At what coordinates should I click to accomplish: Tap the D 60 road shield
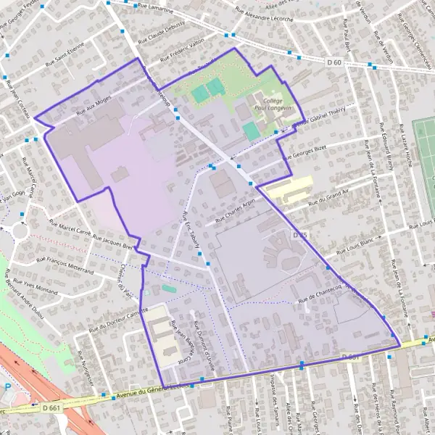tap(334, 63)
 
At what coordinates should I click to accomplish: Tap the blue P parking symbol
tap(8, 388)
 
